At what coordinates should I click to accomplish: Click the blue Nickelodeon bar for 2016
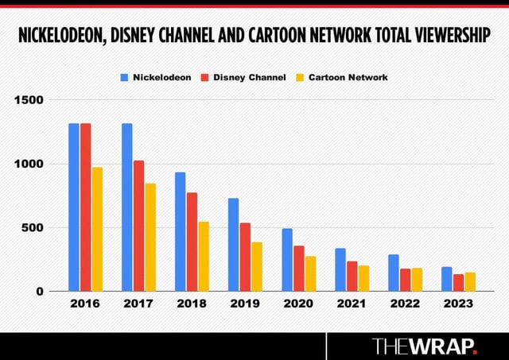[x=74, y=207]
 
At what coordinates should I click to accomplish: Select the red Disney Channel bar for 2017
[x=139, y=226]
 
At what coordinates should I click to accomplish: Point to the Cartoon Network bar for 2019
[x=257, y=266]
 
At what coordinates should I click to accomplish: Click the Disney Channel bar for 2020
[x=299, y=268]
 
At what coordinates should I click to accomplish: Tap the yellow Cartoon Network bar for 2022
[x=418, y=279]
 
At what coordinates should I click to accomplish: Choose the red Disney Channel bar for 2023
[x=459, y=282]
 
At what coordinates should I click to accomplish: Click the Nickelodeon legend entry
[x=156, y=77]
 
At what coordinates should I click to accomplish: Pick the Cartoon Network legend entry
[x=343, y=77]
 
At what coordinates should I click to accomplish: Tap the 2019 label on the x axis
[x=245, y=304]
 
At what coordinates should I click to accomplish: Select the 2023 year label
[x=459, y=304]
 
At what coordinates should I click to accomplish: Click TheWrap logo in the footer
[x=425, y=346]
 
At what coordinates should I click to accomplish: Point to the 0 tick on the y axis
[x=39, y=291]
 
